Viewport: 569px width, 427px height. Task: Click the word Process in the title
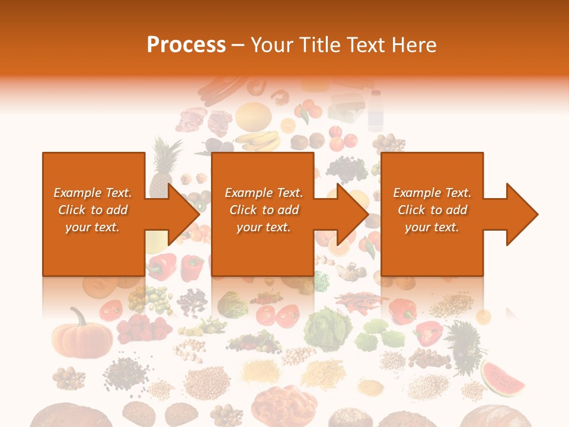tap(186, 44)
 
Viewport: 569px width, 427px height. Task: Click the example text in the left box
tap(93, 210)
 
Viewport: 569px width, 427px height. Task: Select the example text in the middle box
tap(264, 210)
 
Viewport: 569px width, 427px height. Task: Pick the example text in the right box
tap(432, 210)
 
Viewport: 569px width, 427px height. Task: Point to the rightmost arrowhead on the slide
tap(521, 214)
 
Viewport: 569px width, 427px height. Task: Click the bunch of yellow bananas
tap(258, 141)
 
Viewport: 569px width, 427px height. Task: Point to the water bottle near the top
tap(375, 110)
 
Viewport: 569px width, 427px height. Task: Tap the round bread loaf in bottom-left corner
tap(62, 415)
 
